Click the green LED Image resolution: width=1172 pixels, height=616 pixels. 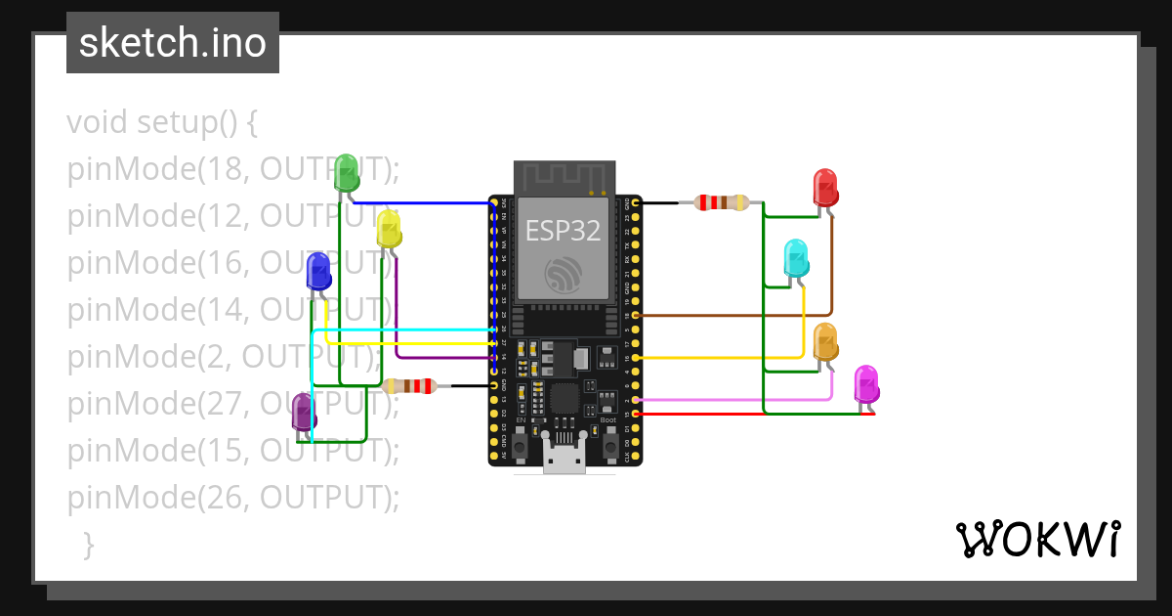(347, 174)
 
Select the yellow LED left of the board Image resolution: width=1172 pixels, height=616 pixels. (389, 228)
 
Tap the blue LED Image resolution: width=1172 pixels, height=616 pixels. (318, 271)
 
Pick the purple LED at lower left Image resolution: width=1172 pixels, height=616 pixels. (304, 412)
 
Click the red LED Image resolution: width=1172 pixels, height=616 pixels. (825, 188)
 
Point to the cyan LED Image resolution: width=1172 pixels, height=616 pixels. (797, 258)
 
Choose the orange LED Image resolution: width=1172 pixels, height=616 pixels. (825, 342)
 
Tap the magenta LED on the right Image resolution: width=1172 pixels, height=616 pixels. (866, 384)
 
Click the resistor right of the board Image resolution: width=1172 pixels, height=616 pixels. (721, 203)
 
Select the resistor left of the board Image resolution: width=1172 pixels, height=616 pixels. (409, 386)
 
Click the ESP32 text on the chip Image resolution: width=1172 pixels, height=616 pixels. (563, 230)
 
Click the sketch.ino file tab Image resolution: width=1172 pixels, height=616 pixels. (173, 43)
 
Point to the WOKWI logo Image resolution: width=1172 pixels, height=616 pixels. (1037, 539)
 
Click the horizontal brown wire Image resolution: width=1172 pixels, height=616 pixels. (732, 316)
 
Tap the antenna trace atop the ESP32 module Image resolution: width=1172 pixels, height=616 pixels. (564, 177)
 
